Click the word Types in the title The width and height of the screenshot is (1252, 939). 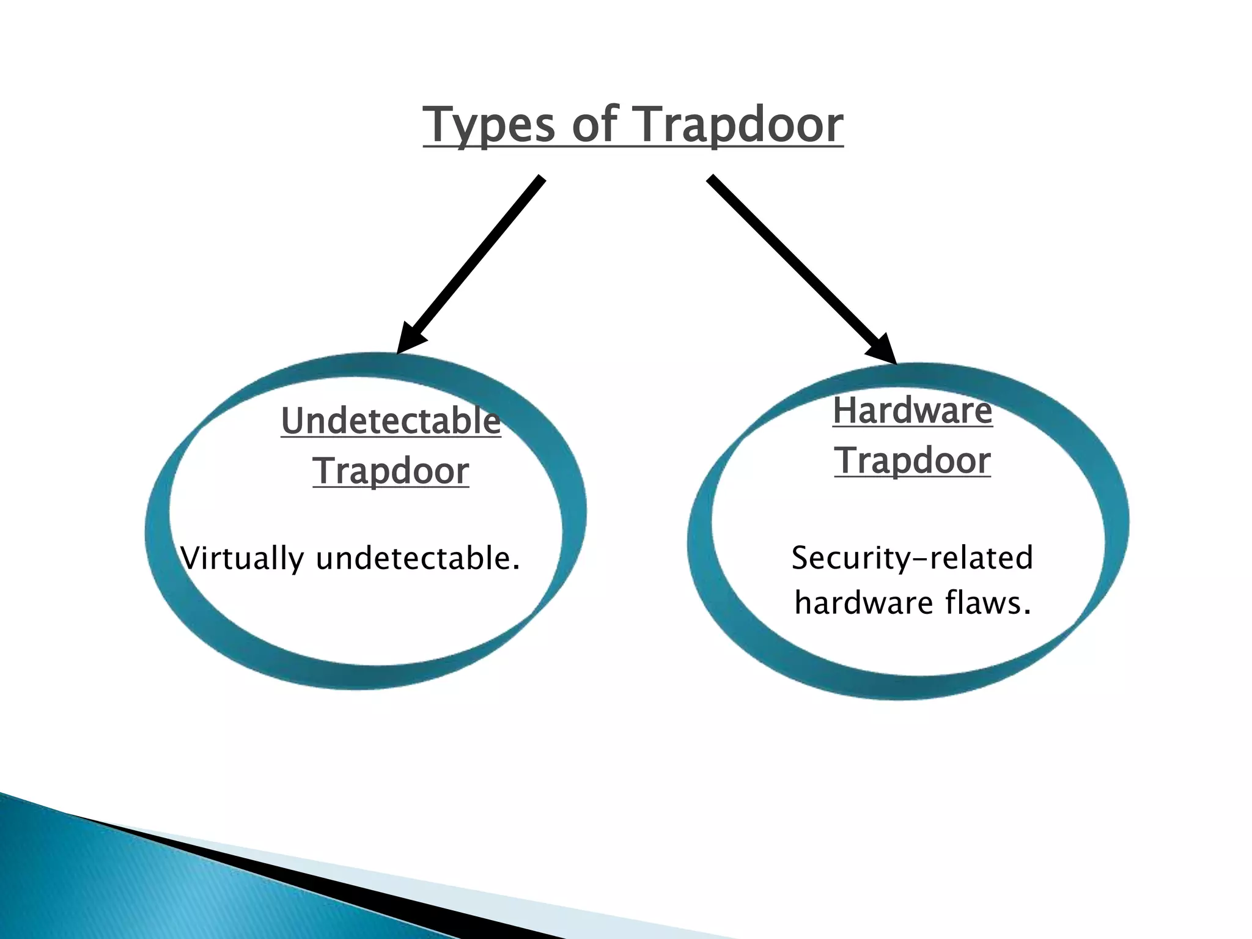coord(489,125)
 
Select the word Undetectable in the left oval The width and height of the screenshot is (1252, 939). coord(391,421)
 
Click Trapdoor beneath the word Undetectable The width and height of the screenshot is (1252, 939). coord(391,471)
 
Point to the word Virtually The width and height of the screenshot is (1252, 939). coord(242,559)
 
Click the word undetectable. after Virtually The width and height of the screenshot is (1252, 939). coord(418,559)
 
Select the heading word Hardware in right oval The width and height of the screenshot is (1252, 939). coord(912,410)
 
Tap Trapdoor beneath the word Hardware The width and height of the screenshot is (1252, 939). coord(912,460)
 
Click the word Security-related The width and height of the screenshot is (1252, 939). coord(912,558)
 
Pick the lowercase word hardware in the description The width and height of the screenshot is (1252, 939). coord(863,603)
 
